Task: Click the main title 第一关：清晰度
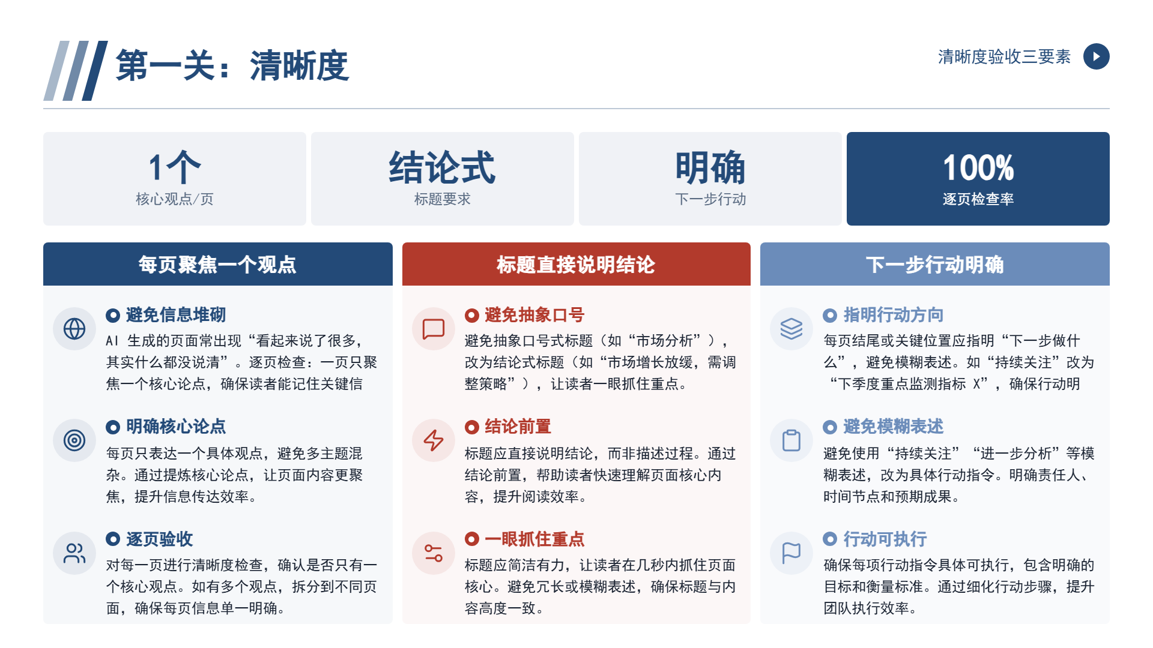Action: point(232,65)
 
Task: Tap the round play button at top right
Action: point(1096,56)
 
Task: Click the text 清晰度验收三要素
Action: point(1004,56)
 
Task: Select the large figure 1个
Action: point(174,167)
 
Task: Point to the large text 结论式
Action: point(442,167)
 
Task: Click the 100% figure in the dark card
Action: point(978,167)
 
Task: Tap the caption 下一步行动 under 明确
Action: point(710,199)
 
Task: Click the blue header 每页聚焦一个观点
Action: point(217,265)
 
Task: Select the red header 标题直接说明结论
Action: point(576,265)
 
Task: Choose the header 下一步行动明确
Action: point(934,265)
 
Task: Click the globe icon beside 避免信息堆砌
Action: point(74,329)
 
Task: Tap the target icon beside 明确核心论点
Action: point(74,440)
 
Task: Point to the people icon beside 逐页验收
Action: point(74,553)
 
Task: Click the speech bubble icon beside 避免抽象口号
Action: point(434,329)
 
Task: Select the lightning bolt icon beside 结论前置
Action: point(434,440)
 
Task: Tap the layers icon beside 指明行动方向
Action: point(791,329)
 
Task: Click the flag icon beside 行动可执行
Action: point(791,553)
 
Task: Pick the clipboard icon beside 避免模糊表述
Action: point(791,440)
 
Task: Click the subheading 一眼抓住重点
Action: point(534,539)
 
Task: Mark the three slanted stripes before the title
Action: point(76,71)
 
